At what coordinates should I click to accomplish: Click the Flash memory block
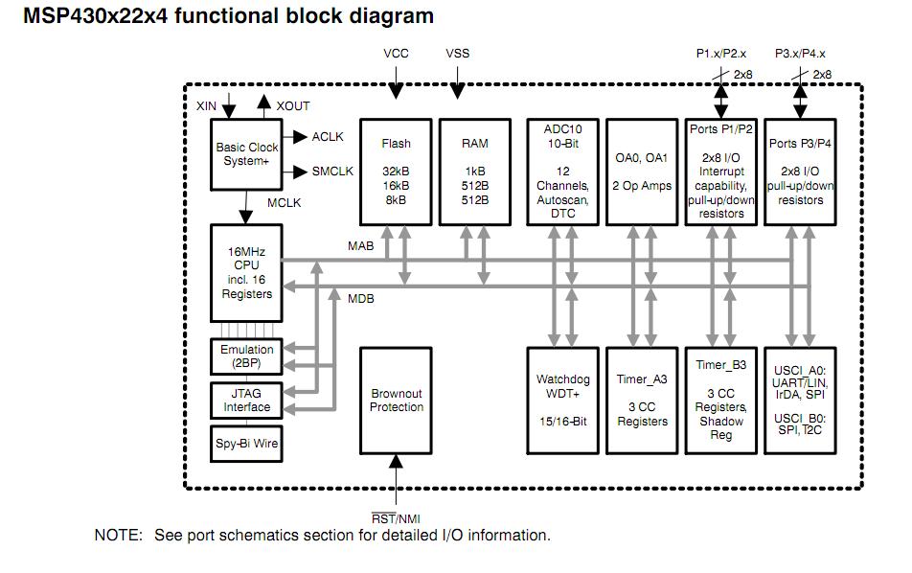tap(396, 172)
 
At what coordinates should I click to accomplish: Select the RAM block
tap(474, 172)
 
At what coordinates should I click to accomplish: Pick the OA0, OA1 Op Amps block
tap(641, 172)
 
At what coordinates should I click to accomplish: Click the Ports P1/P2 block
tap(721, 172)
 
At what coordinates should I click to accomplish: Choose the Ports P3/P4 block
tap(801, 172)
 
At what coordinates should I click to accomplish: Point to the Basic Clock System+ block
tap(246, 153)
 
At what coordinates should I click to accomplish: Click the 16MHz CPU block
tap(246, 272)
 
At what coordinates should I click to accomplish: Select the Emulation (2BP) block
tap(246, 356)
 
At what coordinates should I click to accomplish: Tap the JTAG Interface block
tap(246, 400)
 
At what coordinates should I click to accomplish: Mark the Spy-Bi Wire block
tap(246, 443)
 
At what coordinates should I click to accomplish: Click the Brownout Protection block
tap(396, 401)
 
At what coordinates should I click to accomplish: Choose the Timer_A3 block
tap(641, 401)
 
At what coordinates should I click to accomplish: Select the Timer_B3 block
tap(721, 401)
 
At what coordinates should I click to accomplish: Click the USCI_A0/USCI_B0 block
tap(801, 401)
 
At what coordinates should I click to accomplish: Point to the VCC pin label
tap(396, 54)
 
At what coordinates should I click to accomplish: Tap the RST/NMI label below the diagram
tap(395, 518)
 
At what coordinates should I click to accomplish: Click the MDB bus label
tap(360, 298)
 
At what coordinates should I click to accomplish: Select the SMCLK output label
tap(332, 172)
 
